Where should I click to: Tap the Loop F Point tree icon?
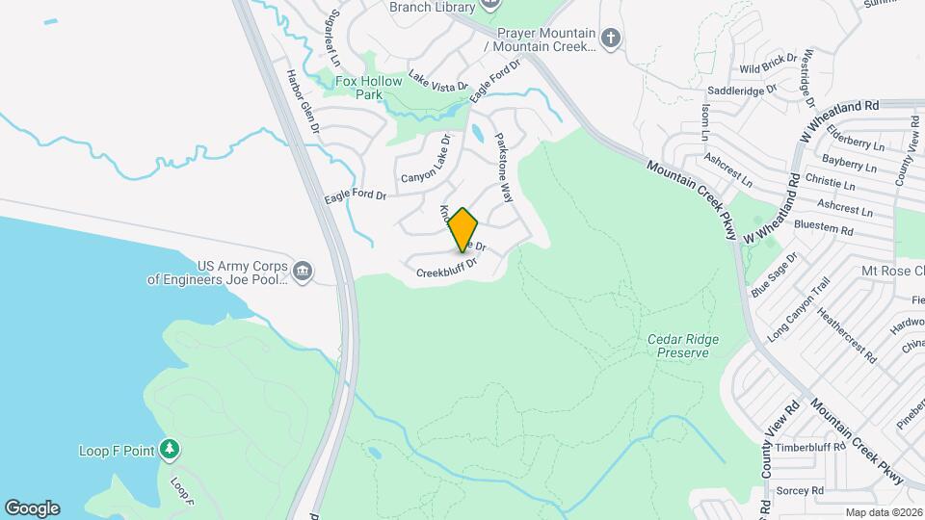(x=170, y=449)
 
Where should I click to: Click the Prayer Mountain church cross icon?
(x=609, y=38)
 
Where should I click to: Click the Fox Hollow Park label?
(x=368, y=88)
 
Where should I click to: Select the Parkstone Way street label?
(x=502, y=166)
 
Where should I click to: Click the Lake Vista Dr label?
(x=437, y=80)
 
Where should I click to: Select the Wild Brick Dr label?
(x=768, y=64)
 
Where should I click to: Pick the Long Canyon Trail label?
(x=798, y=310)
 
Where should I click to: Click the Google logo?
(x=32, y=507)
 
